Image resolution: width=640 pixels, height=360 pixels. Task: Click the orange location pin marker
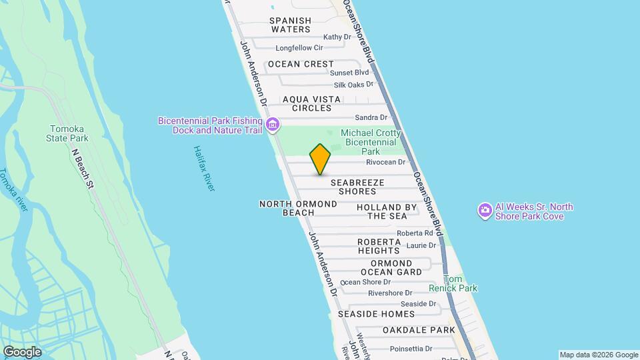click(x=321, y=159)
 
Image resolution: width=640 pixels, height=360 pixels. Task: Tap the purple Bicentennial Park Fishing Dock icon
click(x=272, y=125)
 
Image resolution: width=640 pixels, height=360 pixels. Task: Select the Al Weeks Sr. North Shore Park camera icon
click(x=485, y=211)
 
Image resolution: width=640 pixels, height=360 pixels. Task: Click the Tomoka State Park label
click(x=69, y=133)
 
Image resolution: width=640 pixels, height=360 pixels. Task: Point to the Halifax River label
click(x=204, y=169)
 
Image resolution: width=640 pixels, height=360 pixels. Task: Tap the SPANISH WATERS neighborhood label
click(x=290, y=25)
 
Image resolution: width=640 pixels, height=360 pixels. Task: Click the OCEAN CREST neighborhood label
click(x=300, y=64)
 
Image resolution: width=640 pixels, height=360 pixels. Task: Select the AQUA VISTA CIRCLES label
click(x=307, y=103)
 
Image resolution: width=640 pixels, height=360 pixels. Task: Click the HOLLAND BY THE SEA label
click(x=387, y=211)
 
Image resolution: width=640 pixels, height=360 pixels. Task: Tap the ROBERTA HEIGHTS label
click(x=379, y=246)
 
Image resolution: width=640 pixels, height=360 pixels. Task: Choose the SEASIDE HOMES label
click(x=376, y=313)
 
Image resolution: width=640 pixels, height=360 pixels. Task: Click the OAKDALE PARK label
click(x=419, y=330)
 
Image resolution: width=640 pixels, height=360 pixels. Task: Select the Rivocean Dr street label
click(x=385, y=162)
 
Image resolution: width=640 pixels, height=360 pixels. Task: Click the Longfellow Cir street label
click(x=299, y=48)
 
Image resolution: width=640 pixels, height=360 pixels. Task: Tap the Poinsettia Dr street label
click(x=411, y=348)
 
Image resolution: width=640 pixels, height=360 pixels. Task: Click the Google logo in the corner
click(x=22, y=352)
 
